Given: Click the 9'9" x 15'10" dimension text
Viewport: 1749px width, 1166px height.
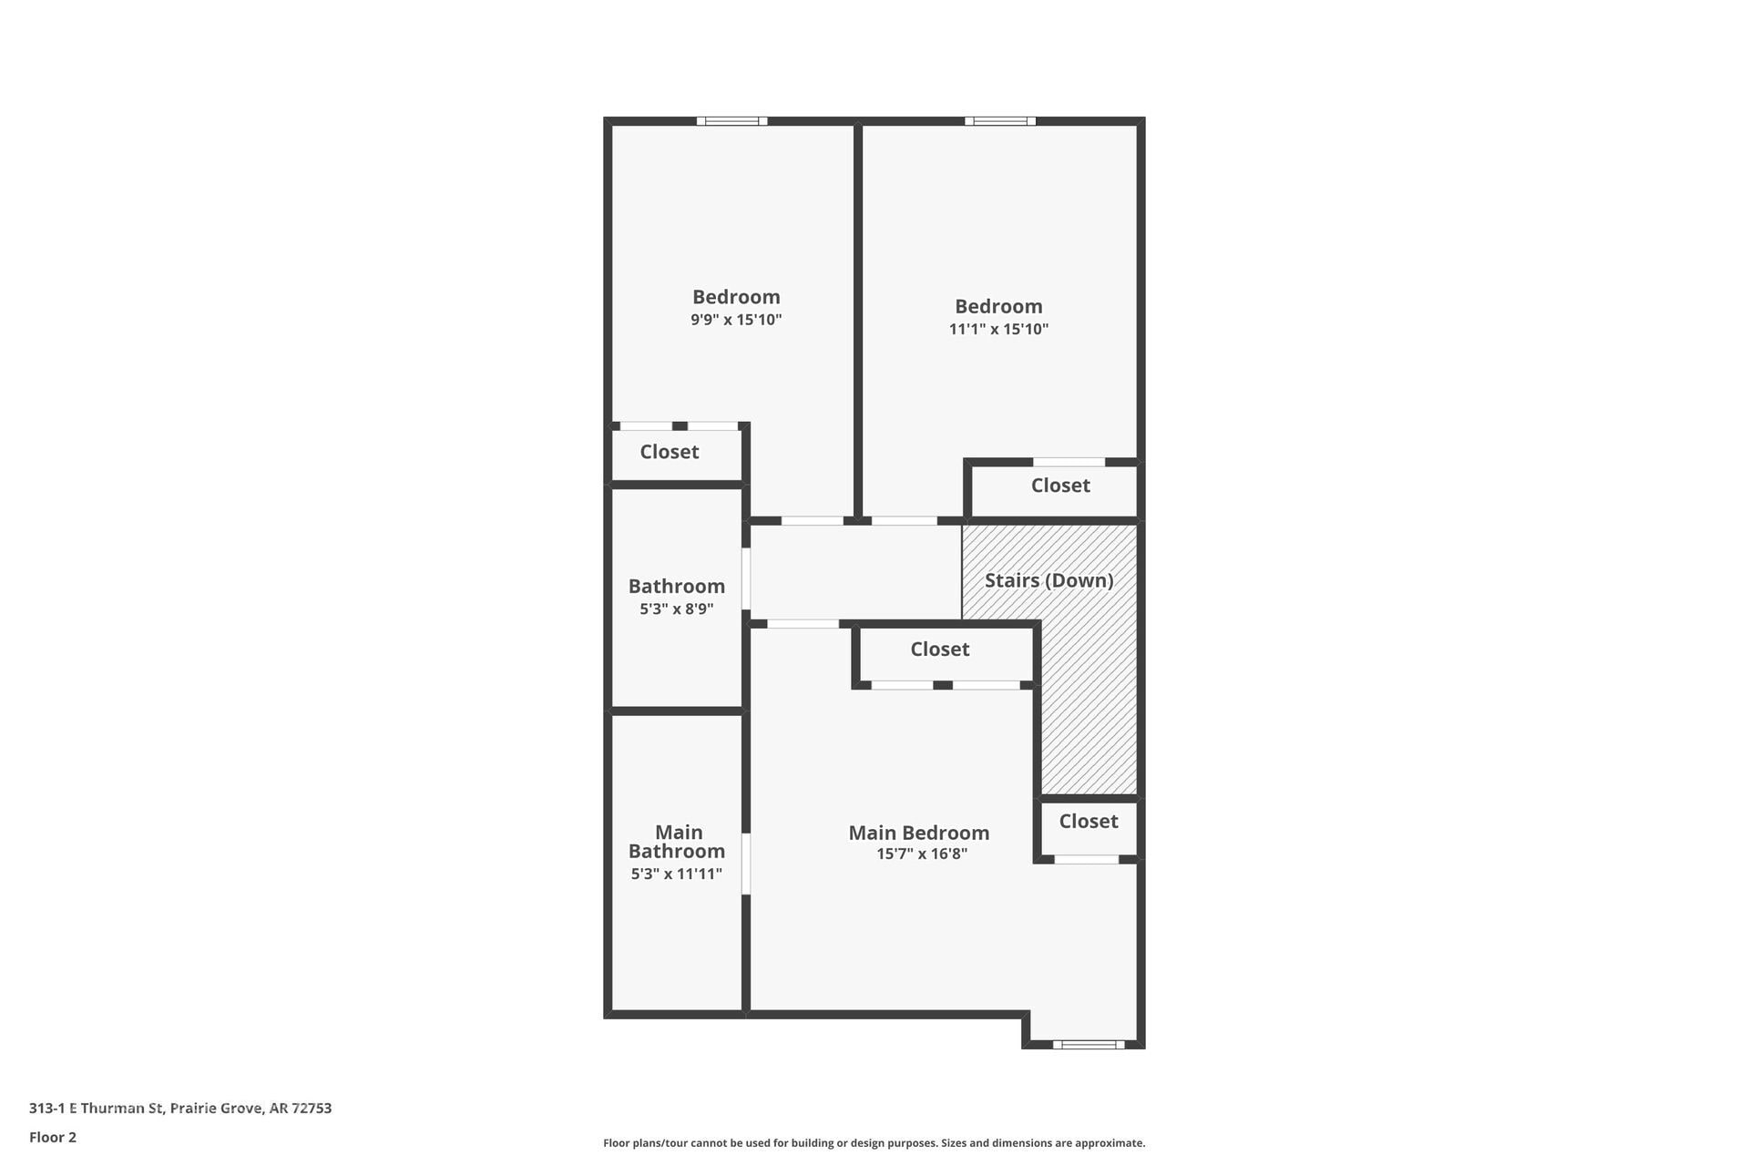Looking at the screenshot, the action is [x=736, y=320].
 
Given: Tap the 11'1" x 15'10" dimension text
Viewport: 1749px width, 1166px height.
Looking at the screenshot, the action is [x=998, y=329].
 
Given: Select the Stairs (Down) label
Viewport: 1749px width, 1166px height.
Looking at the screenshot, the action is [x=1048, y=580].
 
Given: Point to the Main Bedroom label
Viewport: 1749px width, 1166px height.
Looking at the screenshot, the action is [x=918, y=833].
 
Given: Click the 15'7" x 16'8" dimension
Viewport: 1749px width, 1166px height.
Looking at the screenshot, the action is [x=922, y=854].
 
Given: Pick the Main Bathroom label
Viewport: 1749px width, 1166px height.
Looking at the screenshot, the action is [x=677, y=842].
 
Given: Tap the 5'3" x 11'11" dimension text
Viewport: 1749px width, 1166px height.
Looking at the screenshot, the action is [x=677, y=874].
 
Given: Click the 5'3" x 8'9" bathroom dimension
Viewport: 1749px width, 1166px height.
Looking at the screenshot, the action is [x=677, y=609].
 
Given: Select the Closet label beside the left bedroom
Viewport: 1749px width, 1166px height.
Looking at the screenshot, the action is [x=670, y=452].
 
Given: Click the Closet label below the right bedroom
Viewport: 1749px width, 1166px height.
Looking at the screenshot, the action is [x=1060, y=486].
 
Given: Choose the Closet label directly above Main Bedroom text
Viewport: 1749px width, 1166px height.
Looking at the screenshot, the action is [x=940, y=649].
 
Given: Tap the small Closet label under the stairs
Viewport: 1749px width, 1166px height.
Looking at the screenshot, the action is [x=1089, y=822].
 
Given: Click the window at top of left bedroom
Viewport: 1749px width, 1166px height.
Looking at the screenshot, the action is [x=732, y=121].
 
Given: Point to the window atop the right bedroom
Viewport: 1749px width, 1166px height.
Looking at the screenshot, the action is [x=1000, y=121].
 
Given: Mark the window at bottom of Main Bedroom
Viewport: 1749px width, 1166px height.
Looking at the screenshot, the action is [x=1089, y=1045].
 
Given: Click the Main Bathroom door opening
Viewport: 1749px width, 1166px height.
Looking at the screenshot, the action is [x=746, y=864].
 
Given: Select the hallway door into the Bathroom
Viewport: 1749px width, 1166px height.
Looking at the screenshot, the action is [x=746, y=578].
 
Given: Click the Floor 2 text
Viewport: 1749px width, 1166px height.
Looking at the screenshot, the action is [x=53, y=1137].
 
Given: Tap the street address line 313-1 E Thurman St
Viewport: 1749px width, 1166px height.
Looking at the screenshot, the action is [x=180, y=1109].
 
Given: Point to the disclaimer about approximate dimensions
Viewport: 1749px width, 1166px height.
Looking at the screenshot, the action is [x=874, y=1143].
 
